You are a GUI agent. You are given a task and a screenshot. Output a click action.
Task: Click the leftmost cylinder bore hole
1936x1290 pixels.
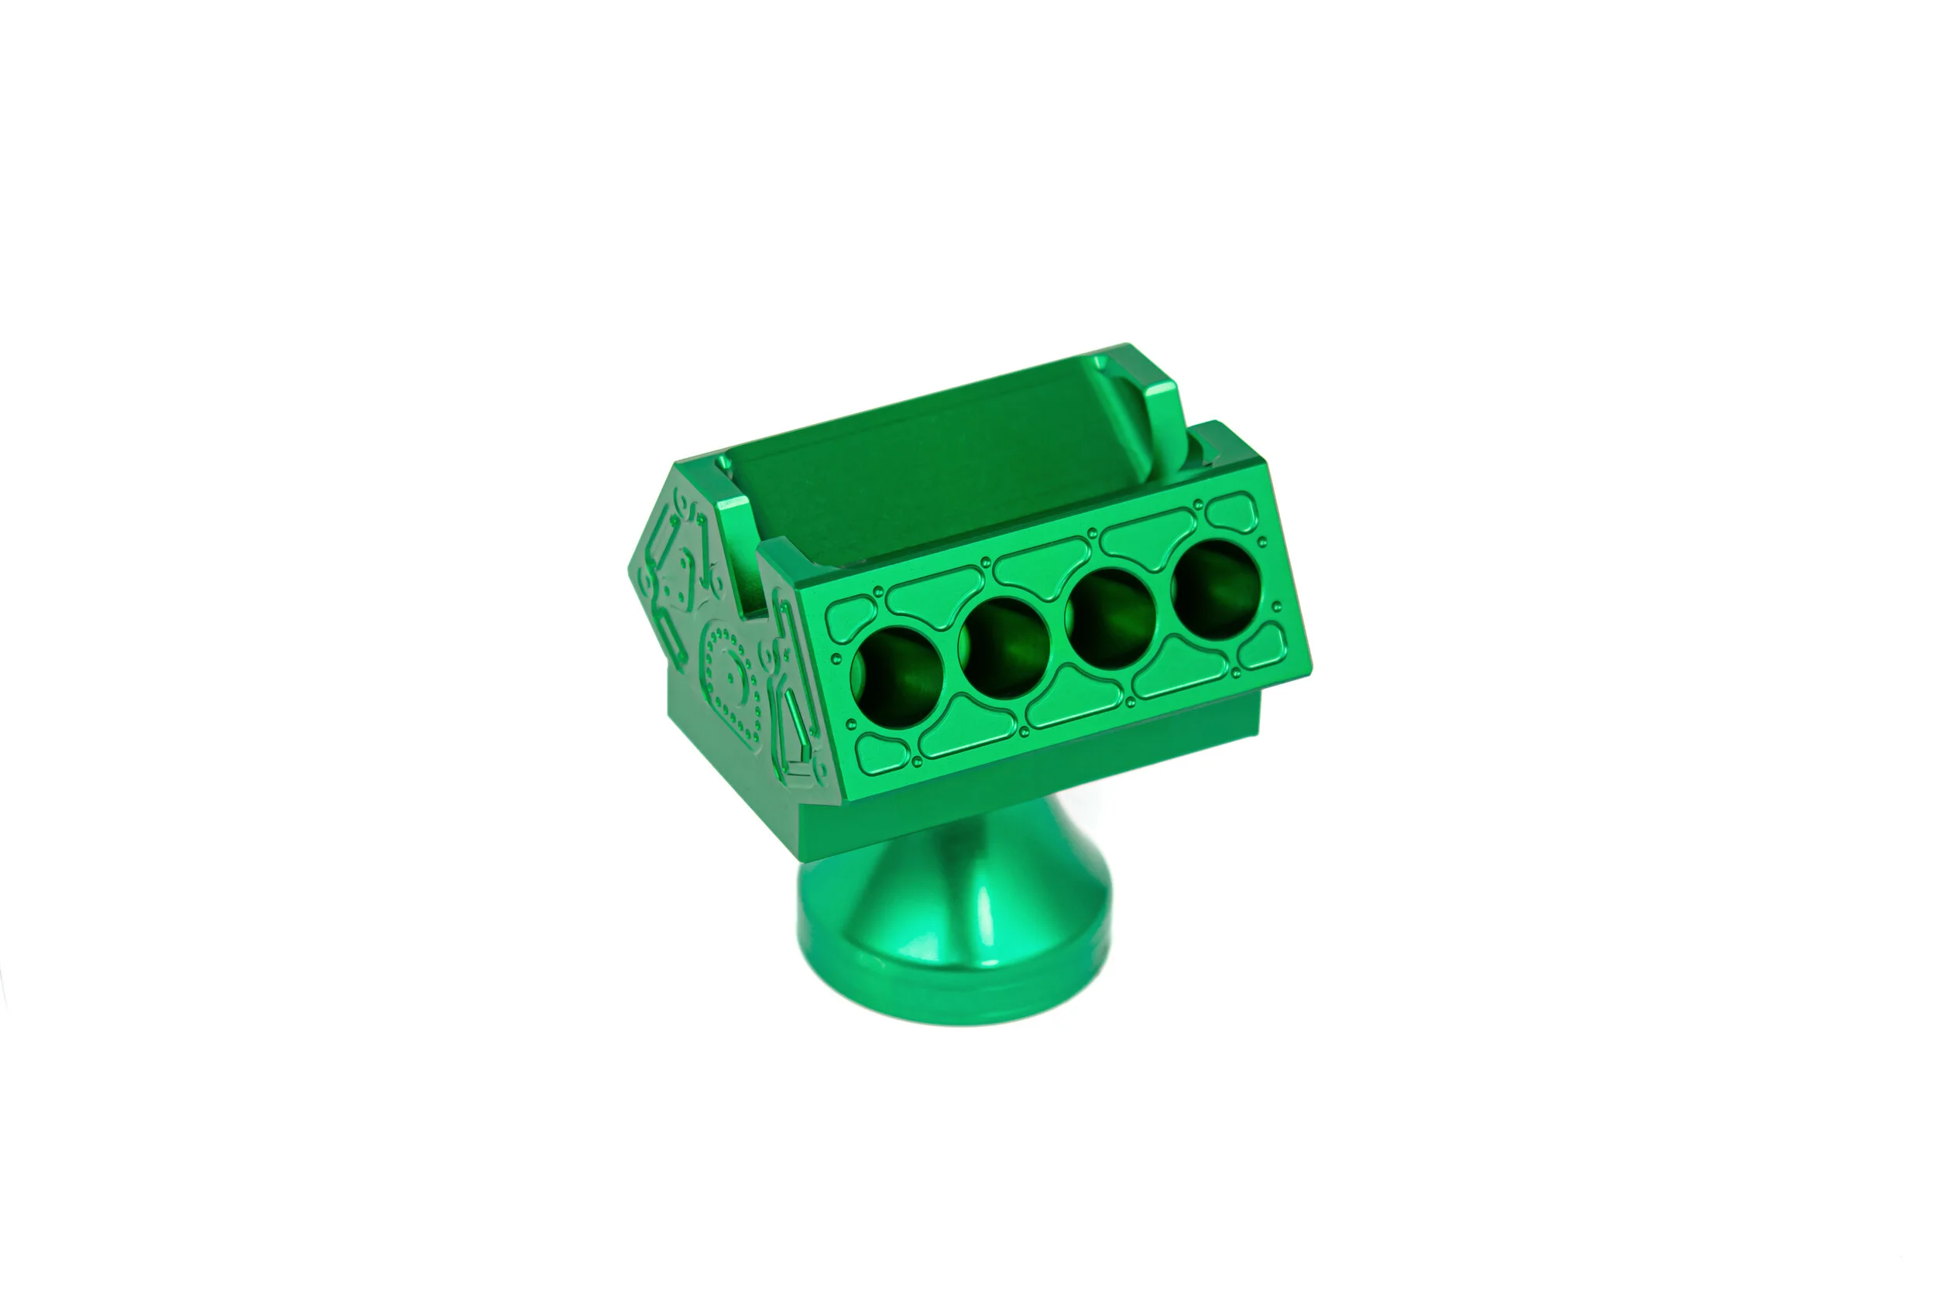point(897,676)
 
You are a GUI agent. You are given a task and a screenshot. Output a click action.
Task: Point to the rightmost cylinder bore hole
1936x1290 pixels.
point(1217,589)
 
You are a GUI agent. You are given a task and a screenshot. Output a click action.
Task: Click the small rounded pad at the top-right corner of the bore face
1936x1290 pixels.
point(1232,514)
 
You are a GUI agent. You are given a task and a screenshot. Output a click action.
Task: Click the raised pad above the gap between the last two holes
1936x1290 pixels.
point(1148,538)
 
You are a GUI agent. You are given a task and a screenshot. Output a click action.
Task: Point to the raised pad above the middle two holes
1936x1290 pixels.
point(1042,567)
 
